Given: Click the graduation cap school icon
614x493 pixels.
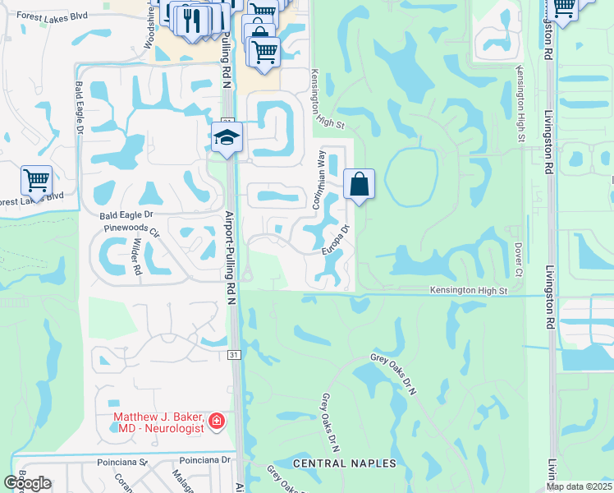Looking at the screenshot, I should pyautogui.click(x=227, y=138).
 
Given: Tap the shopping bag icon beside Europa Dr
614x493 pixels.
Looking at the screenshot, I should pyautogui.click(x=359, y=184).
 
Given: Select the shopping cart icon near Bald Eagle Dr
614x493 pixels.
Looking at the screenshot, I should pyautogui.click(x=36, y=180).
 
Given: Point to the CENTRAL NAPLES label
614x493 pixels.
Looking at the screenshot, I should pyautogui.click(x=345, y=464).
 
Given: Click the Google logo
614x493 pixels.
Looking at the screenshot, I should pyautogui.click(x=27, y=483).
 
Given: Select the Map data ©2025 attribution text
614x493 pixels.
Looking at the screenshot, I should pyautogui.click(x=579, y=486).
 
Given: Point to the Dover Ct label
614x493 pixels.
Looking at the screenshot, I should pyautogui.click(x=519, y=253).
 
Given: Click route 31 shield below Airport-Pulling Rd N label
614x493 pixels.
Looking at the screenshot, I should pyautogui.click(x=233, y=355).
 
